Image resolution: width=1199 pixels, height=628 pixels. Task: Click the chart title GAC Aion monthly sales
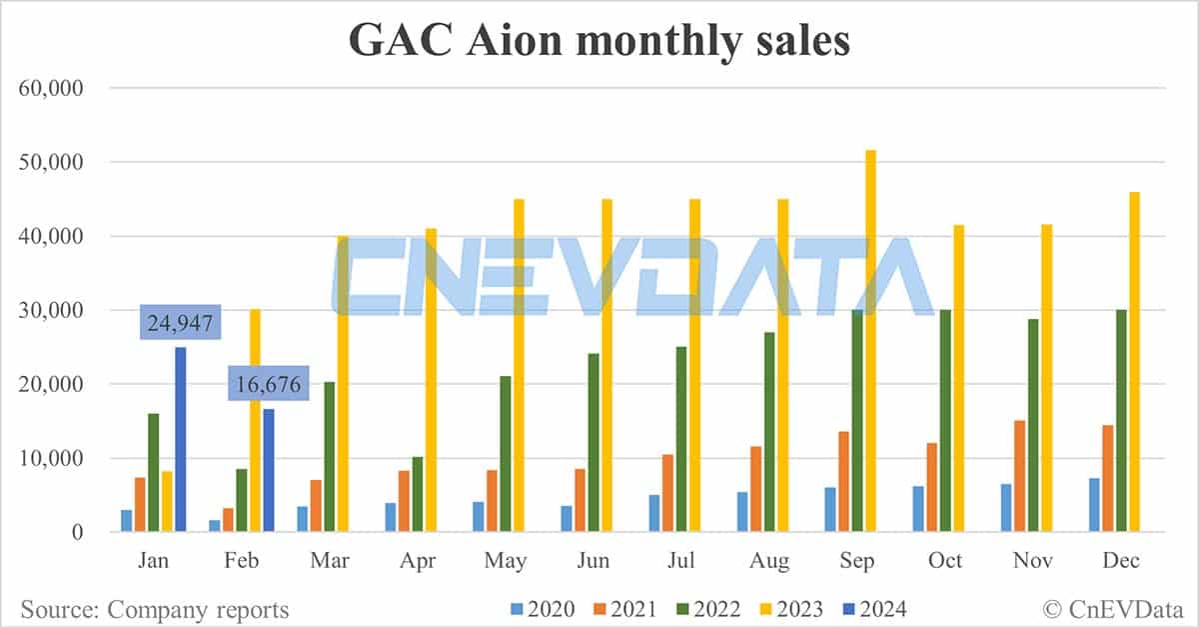point(599,41)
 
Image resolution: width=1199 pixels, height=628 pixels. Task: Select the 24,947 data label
point(180,324)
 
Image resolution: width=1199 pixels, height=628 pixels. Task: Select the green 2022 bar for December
point(1120,421)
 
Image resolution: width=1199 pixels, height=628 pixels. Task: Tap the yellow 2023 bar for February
point(255,421)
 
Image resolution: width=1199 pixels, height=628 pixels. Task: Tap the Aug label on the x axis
point(768,561)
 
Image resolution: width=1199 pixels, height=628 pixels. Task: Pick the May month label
point(506,561)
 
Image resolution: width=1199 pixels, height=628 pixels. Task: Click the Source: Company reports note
point(155,609)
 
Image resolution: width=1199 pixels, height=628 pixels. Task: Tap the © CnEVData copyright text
point(1109,608)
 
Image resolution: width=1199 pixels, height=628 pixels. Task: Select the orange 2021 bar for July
point(667,493)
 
